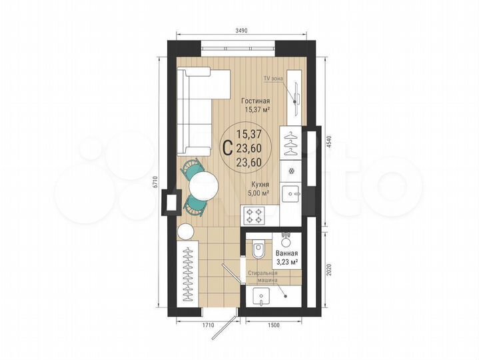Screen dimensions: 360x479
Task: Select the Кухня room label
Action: point(260,186)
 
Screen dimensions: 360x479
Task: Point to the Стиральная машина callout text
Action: point(262,277)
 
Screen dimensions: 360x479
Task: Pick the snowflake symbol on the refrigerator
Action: point(291,170)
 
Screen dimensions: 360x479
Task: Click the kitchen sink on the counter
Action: point(291,193)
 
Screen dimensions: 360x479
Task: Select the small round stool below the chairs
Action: point(185,232)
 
